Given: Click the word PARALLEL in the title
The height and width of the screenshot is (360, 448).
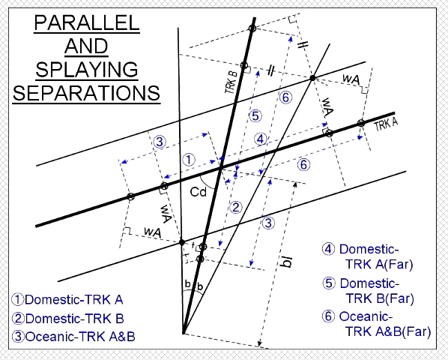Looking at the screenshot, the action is [x=87, y=23].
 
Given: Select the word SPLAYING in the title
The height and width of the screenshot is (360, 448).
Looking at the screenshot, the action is [x=87, y=70].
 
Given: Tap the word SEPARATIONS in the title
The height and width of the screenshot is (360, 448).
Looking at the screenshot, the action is [x=86, y=93].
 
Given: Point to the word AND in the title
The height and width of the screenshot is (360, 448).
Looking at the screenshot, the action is [x=86, y=46].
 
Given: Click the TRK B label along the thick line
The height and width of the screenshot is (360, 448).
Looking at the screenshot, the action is [x=231, y=82].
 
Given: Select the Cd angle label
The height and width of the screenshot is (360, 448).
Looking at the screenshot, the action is [x=199, y=192].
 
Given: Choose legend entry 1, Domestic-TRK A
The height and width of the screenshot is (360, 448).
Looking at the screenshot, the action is [x=67, y=300].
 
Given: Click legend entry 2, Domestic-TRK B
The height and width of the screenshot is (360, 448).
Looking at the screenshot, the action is [x=68, y=319].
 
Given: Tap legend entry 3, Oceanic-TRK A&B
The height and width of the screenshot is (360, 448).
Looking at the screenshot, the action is [x=73, y=337].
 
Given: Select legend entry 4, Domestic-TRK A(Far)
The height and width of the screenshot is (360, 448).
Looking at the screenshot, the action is [x=367, y=256].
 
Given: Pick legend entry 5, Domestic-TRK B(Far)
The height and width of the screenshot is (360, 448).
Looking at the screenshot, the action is [x=369, y=291].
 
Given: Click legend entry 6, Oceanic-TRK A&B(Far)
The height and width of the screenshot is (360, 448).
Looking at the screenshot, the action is [x=376, y=324].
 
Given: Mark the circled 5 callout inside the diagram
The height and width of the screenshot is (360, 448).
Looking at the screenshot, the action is [x=255, y=116].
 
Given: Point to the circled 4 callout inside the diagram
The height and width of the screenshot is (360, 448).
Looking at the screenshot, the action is [x=260, y=139].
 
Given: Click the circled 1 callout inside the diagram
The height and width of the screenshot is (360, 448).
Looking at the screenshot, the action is [x=189, y=160].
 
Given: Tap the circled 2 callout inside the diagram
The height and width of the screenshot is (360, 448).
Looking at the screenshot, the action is [x=236, y=207].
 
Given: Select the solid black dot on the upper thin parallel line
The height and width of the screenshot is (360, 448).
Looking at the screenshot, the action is [x=313, y=77].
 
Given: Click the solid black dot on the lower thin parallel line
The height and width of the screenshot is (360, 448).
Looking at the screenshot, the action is [x=182, y=242].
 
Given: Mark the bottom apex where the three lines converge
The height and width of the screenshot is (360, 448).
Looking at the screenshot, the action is [x=184, y=334].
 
